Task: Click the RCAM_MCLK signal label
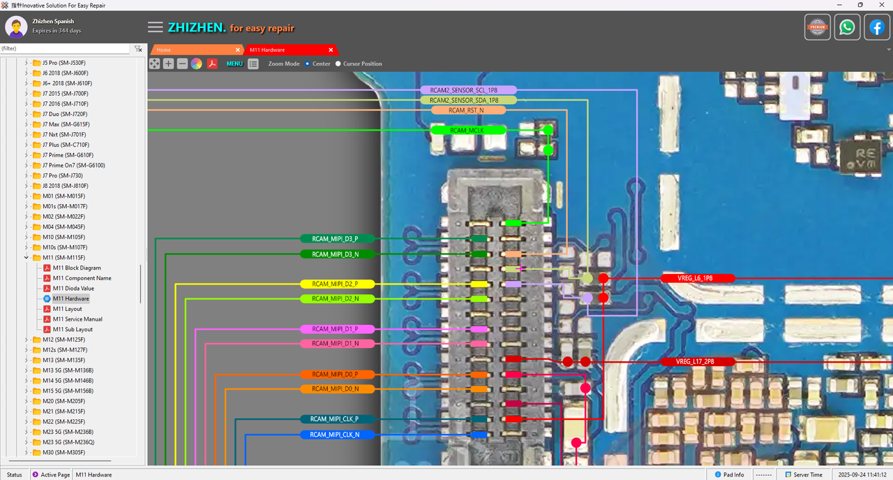[467, 130]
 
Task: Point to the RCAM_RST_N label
[467, 110]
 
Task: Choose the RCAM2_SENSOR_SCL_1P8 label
[468, 90]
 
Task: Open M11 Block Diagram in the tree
[77, 268]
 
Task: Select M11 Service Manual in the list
[77, 319]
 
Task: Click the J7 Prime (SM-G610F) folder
[67, 155]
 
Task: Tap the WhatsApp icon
[847, 27]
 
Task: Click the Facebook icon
[877, 27]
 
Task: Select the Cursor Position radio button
[338, 64]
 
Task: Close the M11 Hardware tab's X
[331, 50]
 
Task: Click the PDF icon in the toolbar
[212, 64]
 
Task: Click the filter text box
[65, 49]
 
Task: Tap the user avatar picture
[16, 27]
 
